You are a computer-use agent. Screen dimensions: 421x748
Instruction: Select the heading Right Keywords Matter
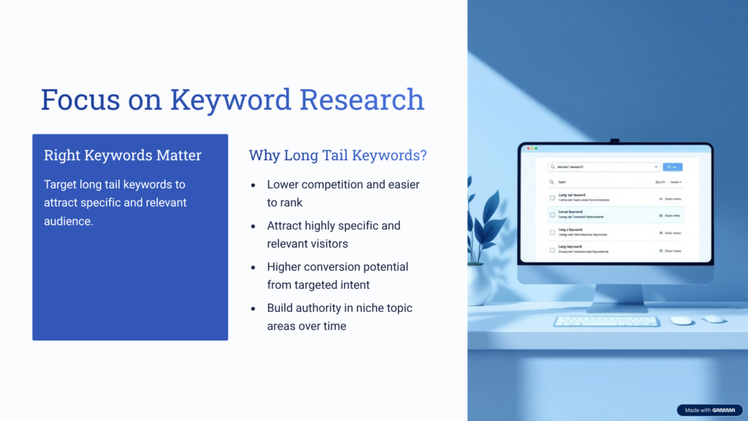coord(123,156)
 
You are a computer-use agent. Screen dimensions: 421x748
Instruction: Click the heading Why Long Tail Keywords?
coord(337,156)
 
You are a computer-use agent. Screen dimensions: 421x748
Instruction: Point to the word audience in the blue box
coord(69,221)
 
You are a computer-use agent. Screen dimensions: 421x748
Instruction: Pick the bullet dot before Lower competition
coord(253,185)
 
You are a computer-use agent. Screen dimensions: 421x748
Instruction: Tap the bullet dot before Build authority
coord(253,308)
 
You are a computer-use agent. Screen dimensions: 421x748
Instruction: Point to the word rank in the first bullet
coord(291,202)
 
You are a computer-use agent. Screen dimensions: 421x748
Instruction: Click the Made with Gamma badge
coord(709,410)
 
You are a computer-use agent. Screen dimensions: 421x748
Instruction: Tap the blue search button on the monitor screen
coord(672,167)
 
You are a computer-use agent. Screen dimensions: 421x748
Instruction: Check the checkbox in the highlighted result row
coord(552,215)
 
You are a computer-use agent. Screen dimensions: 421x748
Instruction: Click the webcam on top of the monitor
coord(615,141)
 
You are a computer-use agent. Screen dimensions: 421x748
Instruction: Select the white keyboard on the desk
coord(606,321)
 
